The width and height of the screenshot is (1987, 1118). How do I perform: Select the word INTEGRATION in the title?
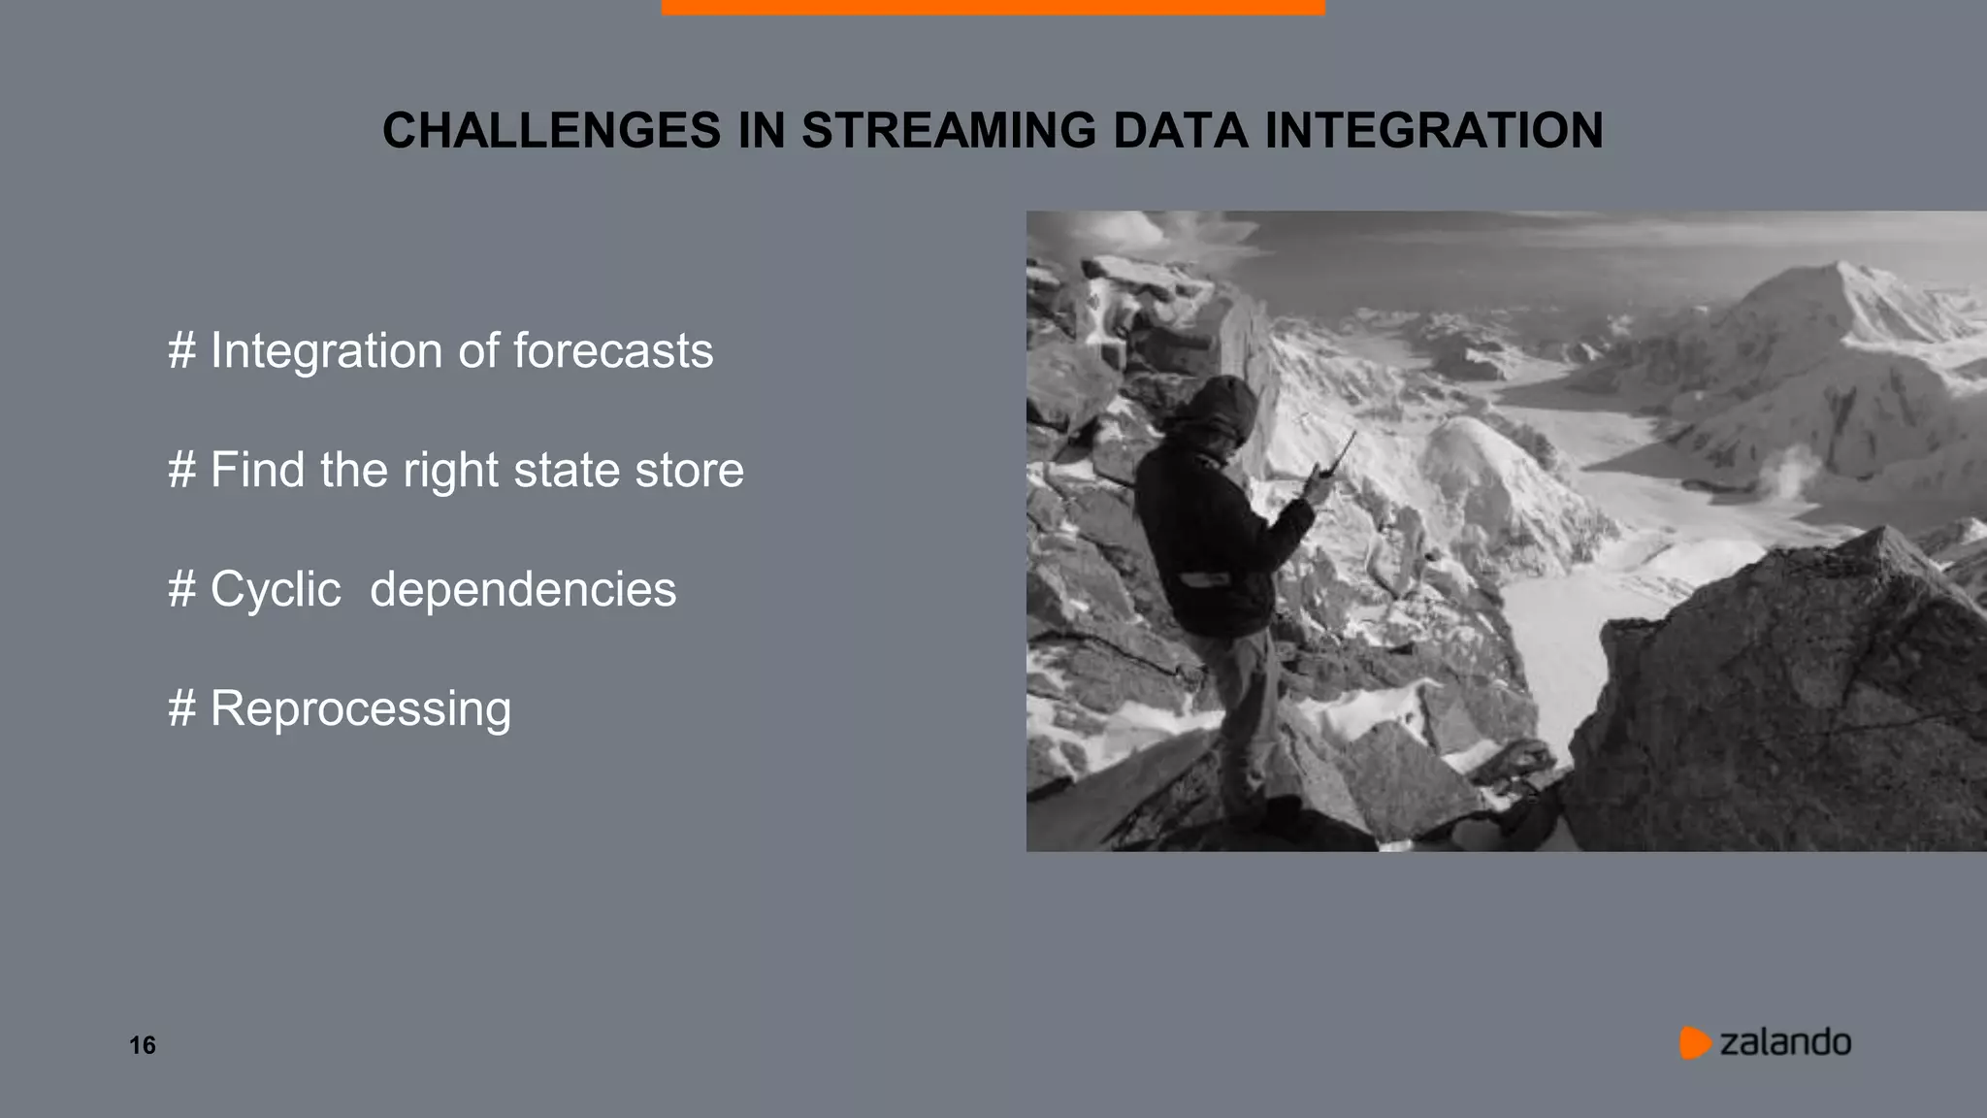tap(1434, 131)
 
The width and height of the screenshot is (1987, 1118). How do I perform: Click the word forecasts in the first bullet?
tap(612, 350)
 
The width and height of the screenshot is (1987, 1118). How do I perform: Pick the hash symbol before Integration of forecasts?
tap(181, 350)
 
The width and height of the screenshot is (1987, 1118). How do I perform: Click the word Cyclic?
tap(276, 589)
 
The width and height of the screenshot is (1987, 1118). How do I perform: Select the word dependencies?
tap(523, 589)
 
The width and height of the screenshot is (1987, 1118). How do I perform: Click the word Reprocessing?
tap(360, 708)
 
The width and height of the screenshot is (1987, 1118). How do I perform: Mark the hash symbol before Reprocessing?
tap(181, 708)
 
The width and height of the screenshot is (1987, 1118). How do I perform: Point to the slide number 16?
tap(143, 1045)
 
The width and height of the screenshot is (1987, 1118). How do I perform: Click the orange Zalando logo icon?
tap(1694, 1042)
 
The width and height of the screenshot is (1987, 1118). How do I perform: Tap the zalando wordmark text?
tap(1785, 1042)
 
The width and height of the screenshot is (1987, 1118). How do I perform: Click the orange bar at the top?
tap(993, 7)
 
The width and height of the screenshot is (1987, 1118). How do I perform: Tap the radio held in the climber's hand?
tap(1340, 456)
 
